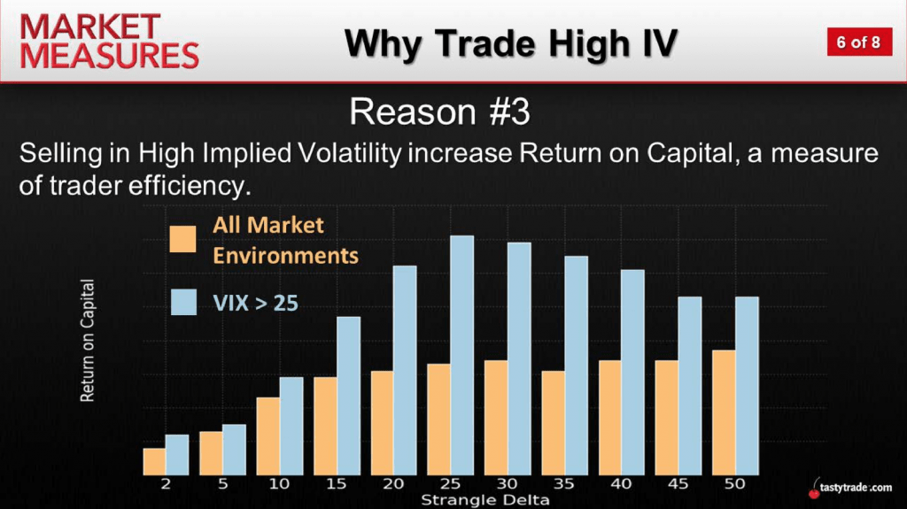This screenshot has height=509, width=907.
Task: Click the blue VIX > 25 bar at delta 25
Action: tap(462, 355)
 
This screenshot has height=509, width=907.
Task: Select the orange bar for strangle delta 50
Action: tap(724, 413)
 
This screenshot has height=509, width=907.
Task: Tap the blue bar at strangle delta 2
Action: tap(177, 455)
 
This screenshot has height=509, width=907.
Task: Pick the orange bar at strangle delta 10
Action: tap(267, 436)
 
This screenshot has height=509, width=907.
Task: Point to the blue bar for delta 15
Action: tap(348, 397)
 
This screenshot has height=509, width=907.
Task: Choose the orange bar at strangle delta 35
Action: tap(553, 423)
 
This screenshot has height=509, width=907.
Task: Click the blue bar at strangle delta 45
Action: tap(689, 386)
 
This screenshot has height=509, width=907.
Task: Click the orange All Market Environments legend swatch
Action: tap(182, 239)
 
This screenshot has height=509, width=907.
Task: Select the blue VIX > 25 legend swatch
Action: tap(183, 302)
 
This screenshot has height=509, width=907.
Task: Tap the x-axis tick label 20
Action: tap(393, 483)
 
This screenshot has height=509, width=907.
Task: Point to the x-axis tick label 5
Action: tap(222, 483)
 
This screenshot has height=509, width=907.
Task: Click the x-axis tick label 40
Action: tap(621, 483)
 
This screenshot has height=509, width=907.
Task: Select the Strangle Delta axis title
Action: tap(485, 500)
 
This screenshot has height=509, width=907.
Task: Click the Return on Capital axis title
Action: tap(88, 340)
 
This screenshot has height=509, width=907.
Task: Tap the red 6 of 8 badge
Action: tap(859, 42)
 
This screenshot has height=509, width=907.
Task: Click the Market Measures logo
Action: tap(109, 42)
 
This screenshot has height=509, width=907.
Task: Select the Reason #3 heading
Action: tap(439, 112)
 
